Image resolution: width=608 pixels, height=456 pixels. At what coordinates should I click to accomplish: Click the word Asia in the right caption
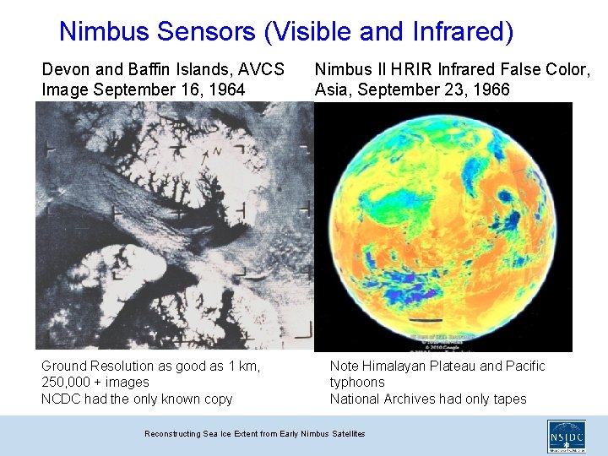coord(333,90)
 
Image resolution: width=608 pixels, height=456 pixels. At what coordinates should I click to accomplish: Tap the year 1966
coord(491,90)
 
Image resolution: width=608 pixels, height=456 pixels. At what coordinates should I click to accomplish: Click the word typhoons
coord(357,383)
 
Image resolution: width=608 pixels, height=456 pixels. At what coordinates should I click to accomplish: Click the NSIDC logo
coord(566,436)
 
